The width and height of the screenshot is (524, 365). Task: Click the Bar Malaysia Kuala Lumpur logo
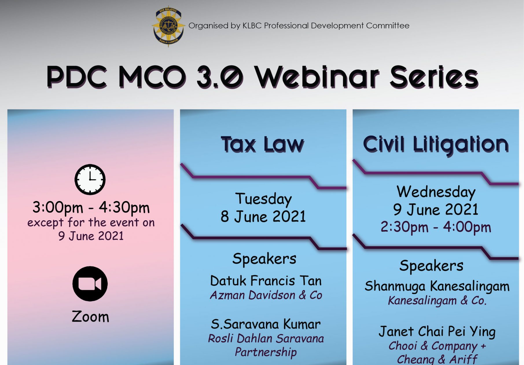tap(168, 26)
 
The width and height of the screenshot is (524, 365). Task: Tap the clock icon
tap(90, 180)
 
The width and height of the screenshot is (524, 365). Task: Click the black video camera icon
tap(90, 284)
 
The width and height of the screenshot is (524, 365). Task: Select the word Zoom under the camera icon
tap(91, 316)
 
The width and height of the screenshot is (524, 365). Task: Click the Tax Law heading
tap(263, 144)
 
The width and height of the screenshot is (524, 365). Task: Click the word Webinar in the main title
tap(316, 77)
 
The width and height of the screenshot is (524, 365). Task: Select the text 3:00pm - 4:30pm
tap(91, 208)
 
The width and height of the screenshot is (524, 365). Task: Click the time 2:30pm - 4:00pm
tap(436, 227)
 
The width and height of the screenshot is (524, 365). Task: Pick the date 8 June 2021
tap(263, 217)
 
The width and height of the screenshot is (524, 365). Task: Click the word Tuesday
tap(263, 199)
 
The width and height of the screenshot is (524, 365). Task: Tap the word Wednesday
tap(436, 192)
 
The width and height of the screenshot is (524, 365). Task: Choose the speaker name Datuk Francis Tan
tap(266, 281)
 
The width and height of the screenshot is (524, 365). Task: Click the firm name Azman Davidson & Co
tap(266, 295)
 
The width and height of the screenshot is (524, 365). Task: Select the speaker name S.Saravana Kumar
tap(266, 324)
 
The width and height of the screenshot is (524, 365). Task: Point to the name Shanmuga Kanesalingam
tap(437, 286)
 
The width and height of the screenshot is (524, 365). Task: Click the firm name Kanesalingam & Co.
tap(437, 300)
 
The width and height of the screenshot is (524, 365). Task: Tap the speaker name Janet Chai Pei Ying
tap(437, 332)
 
